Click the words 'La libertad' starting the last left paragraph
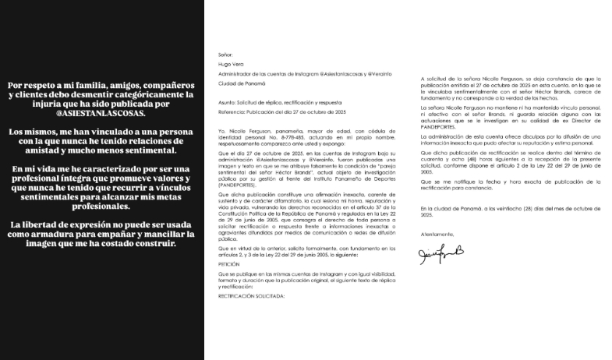(31, 225)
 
